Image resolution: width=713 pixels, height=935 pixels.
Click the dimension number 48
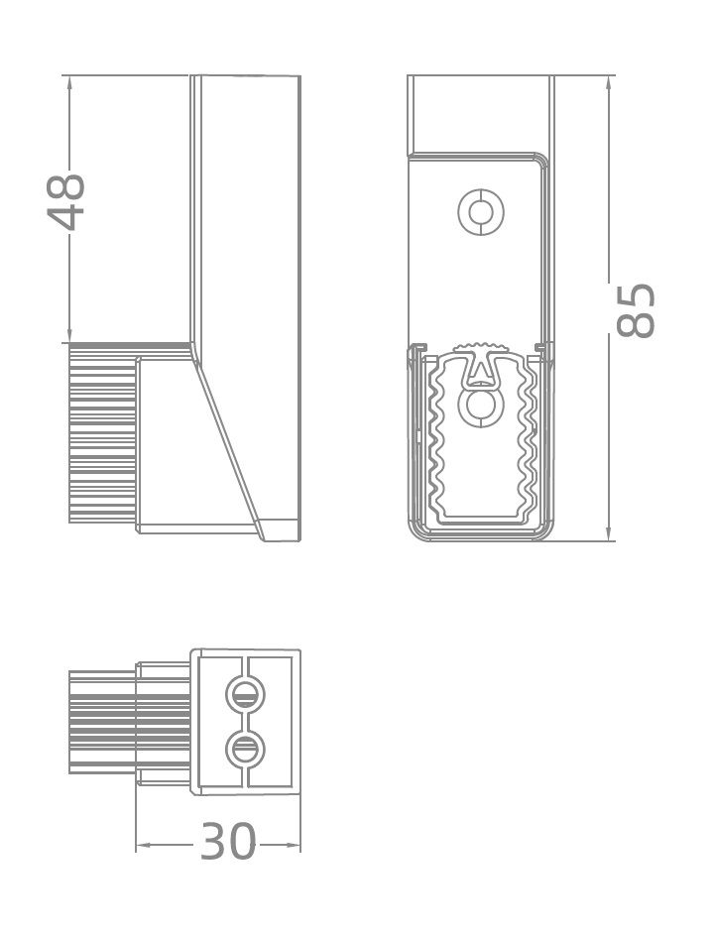(x=66, y=201)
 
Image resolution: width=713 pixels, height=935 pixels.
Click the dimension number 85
(x=635, y=310)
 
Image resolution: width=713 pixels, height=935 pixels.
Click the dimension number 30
(x=228, y=842)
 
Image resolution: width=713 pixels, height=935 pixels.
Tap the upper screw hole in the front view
(x=481, y=212)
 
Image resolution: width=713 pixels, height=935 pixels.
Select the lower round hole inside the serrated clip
(x=479, y=406)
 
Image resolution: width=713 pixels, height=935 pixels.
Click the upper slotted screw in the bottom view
(x=245, y=694)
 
